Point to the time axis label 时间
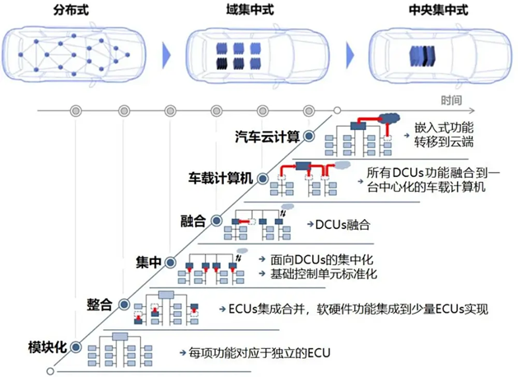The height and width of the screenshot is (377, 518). (x=451, y=100)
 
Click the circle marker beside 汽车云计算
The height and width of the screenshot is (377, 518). (x=309, y=136)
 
